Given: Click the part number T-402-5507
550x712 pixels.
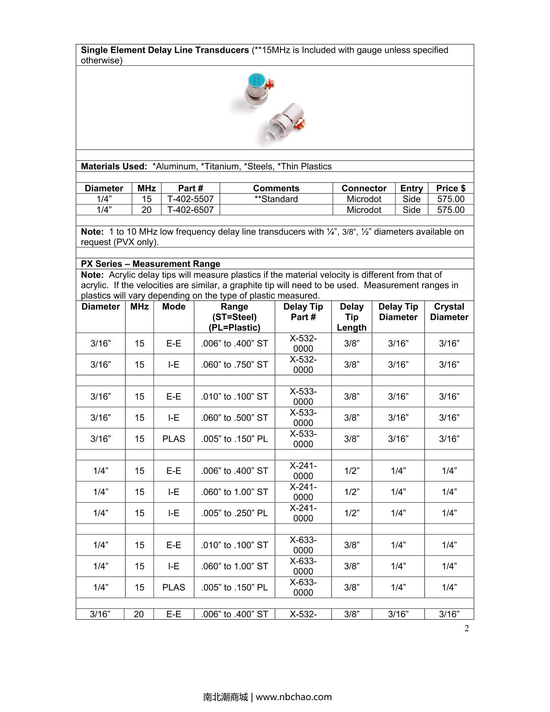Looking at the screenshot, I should click(x=190, y=199).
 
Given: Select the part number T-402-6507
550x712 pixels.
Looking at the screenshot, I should click(x=190, y=210).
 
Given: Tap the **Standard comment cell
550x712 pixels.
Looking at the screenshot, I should click(x=276, y=199).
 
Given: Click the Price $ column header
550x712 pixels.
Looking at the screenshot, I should click(x=451, y=188).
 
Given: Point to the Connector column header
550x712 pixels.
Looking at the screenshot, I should click(x=364, y=188).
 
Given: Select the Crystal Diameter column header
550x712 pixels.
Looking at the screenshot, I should click(x=449, y=312).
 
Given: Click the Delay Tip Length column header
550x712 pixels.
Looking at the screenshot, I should click(x=352, y=317).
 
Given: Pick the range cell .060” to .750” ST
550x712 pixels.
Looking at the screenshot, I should click(x=234, y=365).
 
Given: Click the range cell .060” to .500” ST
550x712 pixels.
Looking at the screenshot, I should click(x=234, y=418).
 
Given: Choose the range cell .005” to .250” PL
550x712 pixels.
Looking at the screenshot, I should click(x=234, y=513).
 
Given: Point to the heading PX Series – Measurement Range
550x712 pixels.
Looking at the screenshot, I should click(x=150, y=264).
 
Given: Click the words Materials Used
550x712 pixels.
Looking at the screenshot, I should click(x=114, y=167).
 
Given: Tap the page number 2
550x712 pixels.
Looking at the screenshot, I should click(x=467, y=629).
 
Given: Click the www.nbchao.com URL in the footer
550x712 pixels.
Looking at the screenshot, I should click(x=293, y=697).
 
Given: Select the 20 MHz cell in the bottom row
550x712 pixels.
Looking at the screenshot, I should click(x=139, y=614).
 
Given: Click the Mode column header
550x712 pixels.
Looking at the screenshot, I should click(x=174, y=306).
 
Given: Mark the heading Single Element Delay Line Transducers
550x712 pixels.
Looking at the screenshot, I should click(x=165, y=50).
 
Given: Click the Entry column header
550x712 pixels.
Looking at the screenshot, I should click(x=411, y=188).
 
